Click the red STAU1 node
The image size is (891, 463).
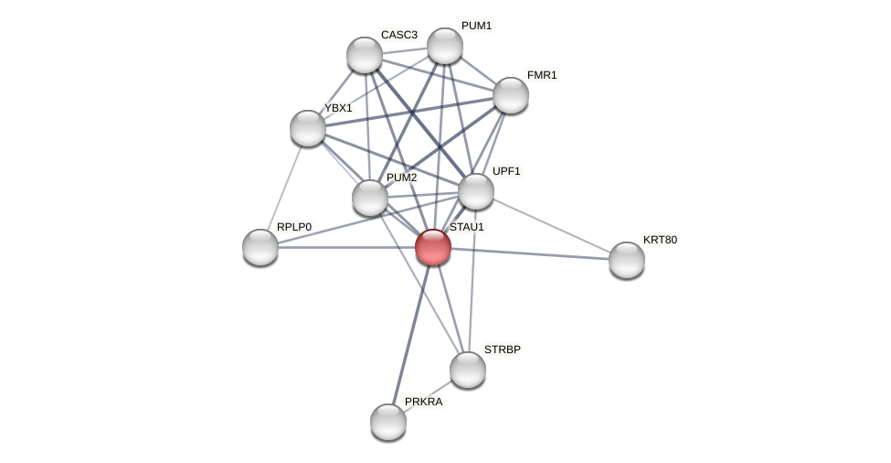tap(433, 247)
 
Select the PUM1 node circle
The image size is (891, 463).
tap(445, 46)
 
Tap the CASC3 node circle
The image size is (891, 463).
tap(365, 55)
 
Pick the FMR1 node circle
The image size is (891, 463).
tap(511, 95)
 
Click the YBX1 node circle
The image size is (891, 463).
tap(308, 128)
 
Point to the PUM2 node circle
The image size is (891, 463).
tap(370, 198)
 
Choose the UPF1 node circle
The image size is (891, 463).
tap(476, 191)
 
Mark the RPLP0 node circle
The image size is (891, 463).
tap(260, 247)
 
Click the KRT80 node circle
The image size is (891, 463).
tap(627, 260)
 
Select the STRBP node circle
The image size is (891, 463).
tap(468, 370)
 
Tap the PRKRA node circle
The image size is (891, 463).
tap(388, 422)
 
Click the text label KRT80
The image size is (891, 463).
tap(660, 240)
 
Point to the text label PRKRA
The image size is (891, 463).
tap(423, 402)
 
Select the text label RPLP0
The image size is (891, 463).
tap(293, 227)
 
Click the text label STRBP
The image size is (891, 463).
tap(502, 350)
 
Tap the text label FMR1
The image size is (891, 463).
tap(542, 75)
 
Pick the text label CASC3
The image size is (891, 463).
tap(398, 35)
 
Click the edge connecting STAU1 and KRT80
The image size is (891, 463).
tap(530, 253)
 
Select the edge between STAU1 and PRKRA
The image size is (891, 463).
tap(410, 335)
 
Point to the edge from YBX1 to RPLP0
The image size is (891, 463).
tap(284, 188)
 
